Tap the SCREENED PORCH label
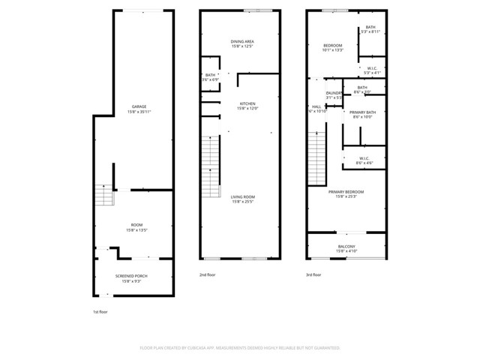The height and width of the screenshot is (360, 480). coord(131,276)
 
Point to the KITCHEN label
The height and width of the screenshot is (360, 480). coord(247,103)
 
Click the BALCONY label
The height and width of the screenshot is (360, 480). coord(346,245)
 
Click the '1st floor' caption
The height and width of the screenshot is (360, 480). coord(100,311)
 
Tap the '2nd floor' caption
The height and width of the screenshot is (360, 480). coord(207,275)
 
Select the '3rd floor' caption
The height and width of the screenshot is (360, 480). coord(314,275)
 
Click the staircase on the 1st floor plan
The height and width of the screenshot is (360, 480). coord(103,197)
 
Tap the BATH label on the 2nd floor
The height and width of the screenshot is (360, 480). coord(210,76)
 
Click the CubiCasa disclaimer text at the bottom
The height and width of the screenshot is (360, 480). coord(240,348)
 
